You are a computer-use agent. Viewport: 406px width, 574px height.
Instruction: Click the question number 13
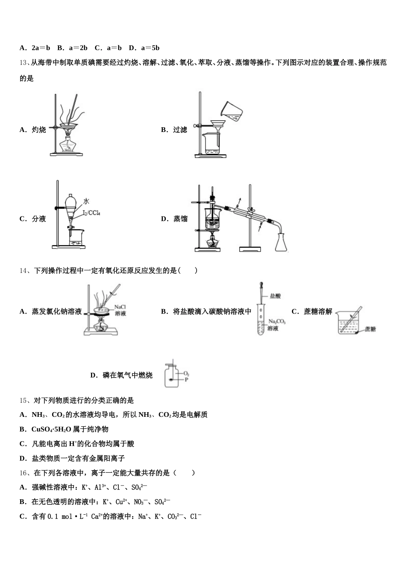click(x=24, y=63)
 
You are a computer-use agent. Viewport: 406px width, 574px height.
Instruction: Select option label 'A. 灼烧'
click(x=32, y=130)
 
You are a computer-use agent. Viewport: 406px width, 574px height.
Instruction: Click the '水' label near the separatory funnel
click(x=86, y=201)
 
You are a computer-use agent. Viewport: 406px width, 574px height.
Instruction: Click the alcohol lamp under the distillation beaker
click(x=212, y=243)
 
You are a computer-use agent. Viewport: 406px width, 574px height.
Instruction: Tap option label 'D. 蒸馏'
click(x=174, y=219)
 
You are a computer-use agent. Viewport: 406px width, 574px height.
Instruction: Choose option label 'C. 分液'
click(x=32, y=219)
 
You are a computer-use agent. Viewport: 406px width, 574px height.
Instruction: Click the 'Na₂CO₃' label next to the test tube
click(x=277, y=322)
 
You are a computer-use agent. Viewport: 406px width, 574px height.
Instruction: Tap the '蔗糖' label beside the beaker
click(x=370, y=329)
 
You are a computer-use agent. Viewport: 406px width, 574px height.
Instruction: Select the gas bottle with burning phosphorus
click(x=171, y=375)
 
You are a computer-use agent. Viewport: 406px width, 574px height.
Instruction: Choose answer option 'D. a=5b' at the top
click(x=144, y=48)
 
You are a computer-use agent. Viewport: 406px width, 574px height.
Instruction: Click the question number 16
click(x=24, y=473)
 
